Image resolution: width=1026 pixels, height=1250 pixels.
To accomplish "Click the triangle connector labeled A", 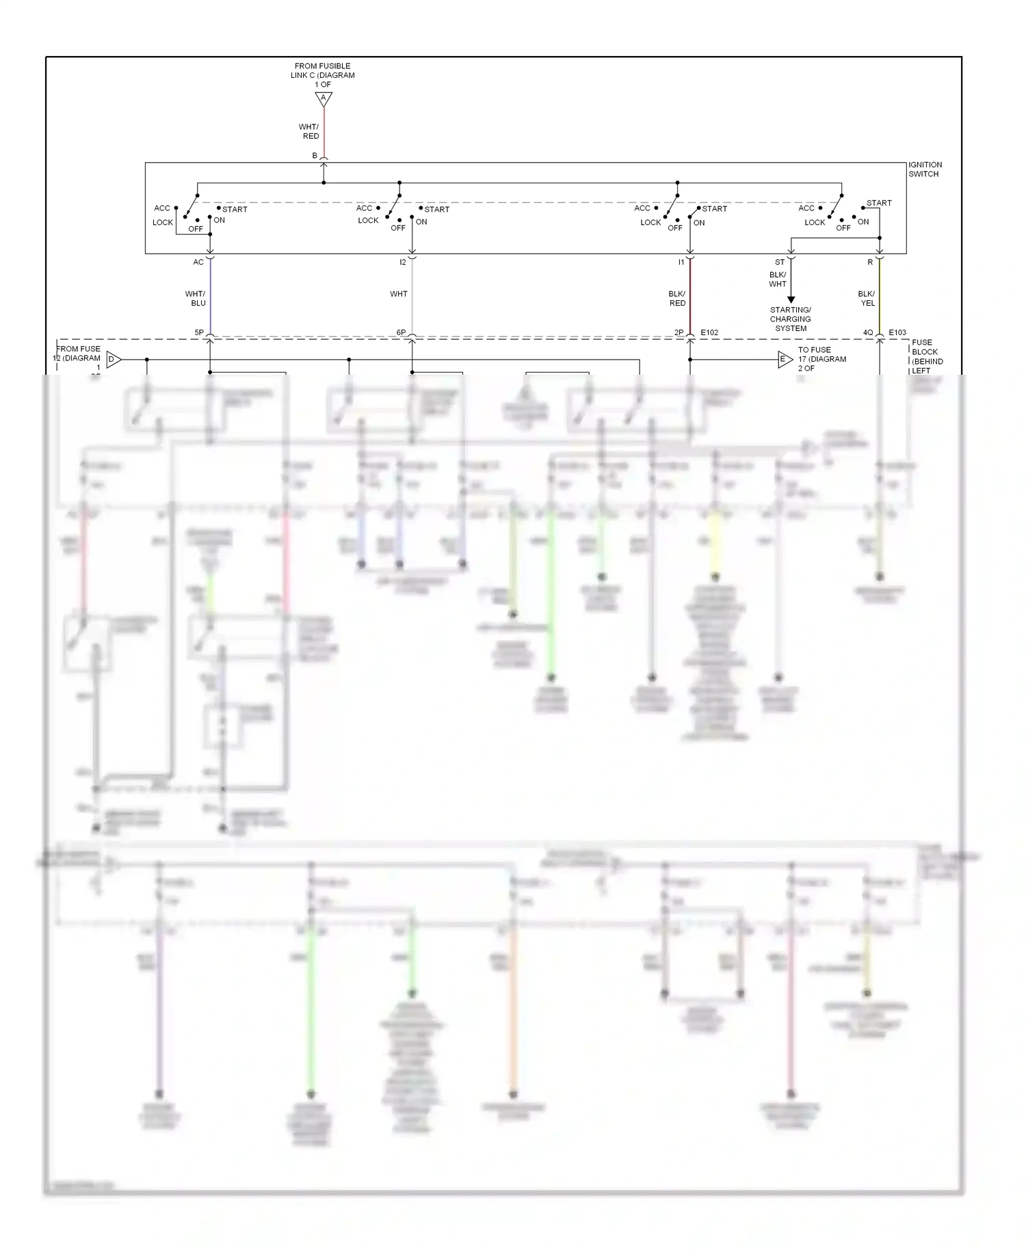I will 324,98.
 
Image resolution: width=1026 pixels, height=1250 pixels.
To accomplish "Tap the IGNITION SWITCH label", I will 925,170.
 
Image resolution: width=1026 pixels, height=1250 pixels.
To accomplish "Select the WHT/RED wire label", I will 309,131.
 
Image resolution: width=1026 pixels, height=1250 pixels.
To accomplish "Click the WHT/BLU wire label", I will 196,298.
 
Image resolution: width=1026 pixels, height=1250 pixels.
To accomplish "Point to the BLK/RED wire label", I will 676,298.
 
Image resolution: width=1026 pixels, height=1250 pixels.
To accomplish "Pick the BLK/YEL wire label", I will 867,298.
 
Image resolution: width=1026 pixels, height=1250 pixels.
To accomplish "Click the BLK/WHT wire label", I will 778,279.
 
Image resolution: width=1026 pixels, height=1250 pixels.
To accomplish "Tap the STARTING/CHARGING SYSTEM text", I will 791,319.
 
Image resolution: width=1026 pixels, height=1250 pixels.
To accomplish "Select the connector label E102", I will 709,333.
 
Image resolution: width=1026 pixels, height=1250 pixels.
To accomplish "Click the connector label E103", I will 897,333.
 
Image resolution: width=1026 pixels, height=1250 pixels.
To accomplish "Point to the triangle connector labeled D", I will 114,359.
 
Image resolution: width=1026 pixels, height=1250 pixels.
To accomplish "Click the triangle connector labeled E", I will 785,359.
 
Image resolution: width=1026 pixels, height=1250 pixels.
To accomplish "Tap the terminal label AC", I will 198,262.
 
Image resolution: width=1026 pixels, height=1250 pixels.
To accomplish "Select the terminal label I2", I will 403,262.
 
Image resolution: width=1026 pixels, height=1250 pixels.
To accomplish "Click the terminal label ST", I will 780,262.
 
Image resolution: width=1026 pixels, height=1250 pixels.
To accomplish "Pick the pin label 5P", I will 199,333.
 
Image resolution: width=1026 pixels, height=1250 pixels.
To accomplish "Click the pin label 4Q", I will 867,333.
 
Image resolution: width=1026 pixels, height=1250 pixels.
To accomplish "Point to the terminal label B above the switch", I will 315,156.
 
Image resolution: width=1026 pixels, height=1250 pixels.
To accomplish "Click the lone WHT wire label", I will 399,294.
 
